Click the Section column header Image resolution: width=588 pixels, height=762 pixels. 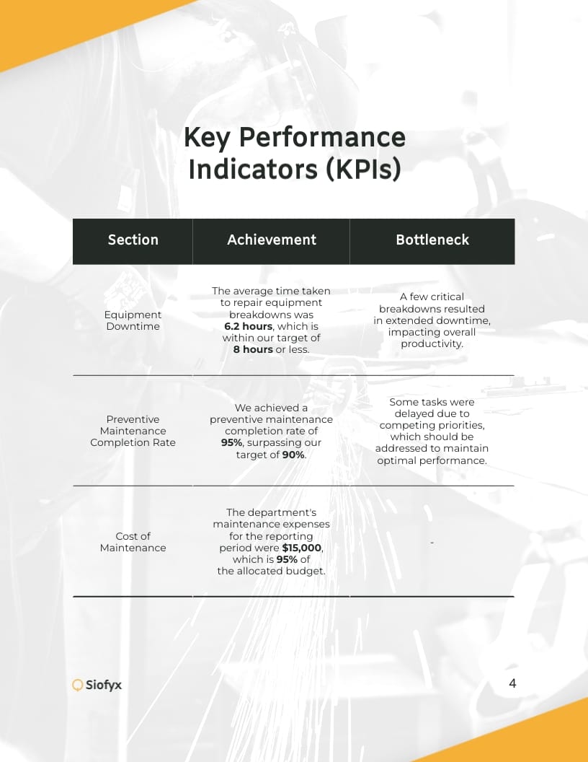133,240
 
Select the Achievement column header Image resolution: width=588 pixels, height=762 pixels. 272,240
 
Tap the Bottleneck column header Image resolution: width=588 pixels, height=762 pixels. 432,240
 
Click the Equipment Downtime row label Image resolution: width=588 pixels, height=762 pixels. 133,320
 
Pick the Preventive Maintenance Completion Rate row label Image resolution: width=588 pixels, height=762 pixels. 133,431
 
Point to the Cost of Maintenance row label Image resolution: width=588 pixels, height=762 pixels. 133,542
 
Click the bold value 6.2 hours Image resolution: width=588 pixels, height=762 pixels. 248,326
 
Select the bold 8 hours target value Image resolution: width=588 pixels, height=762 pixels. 253,349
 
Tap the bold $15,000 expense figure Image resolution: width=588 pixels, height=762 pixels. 302,548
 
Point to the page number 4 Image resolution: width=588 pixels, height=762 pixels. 512,683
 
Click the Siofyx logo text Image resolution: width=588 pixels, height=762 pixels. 104,686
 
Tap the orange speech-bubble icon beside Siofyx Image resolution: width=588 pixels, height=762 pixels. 78,686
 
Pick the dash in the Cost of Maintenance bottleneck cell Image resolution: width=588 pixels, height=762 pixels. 432,542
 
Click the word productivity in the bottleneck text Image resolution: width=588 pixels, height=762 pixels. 432,343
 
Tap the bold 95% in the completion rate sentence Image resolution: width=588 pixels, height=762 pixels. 231,443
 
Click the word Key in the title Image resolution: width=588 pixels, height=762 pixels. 207,137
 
